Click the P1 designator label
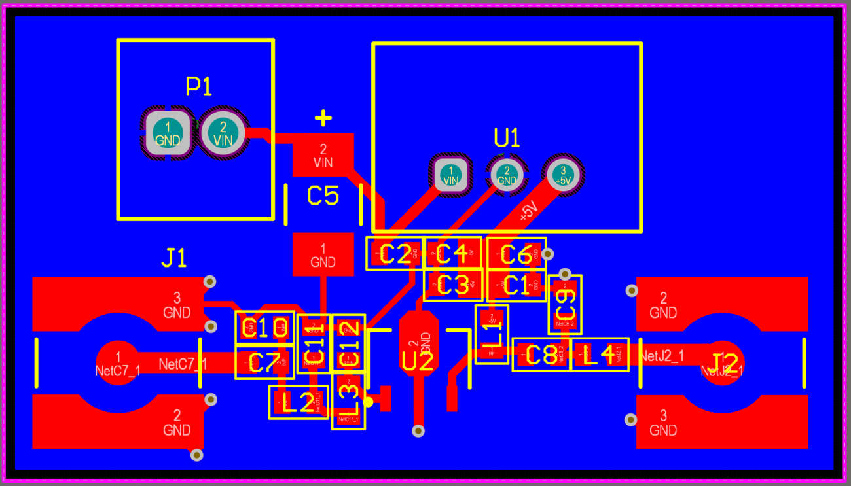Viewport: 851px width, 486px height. pyautogui.click(x=199, y=86)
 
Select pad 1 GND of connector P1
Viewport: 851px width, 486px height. pyautogui.click(x=168, y=133)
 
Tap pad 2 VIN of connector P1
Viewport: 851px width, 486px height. pyautogui.click(x=223, y=133)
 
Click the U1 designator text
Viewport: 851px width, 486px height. pyautogui.click(x=507, y=138)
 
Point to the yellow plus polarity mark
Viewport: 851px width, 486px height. pyautogui.click(x=323, y=118)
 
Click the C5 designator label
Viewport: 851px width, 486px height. pyautogui.click(x=323, y=196)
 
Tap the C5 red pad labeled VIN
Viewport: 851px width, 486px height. pyautogui.click(x=323, y=155)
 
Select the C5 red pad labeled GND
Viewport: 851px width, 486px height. pyautogui.click(x=323, y=254)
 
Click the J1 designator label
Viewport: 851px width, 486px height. pyautogui.click(x=174, y=258)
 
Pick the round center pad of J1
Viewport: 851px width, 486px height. pyautogui.click(x=118, y=363)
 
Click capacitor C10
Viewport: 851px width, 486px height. pyautogui.click(x=264, y=327)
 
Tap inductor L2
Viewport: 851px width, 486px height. pyautogui.click(x=298, y=402)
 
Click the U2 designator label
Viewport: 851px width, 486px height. pyautogui.click(x=418, y=361)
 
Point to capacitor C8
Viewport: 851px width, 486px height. pyautogui.click(x=541, y=355)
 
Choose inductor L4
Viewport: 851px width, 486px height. pyautogui.click(x=600, y=355)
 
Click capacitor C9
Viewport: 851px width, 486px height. pyautogui.click(x=564, y=304)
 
